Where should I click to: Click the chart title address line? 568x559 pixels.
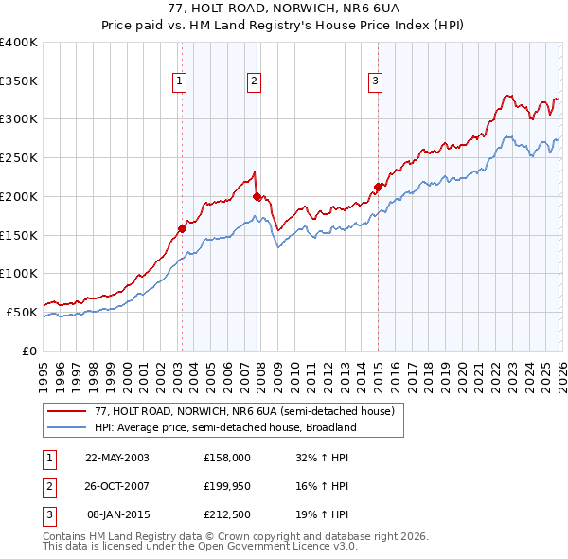click(283, 9)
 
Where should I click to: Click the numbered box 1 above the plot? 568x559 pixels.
click(179, 82)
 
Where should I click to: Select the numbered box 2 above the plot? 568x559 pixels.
click(255, 82)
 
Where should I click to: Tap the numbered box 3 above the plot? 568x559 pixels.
click(376, 82)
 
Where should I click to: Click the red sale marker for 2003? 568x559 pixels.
click(182, 228)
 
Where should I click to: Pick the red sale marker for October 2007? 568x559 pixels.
click(257, 196)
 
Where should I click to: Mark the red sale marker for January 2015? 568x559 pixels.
click(378, 187)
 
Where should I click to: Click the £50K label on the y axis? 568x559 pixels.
click(23, 312)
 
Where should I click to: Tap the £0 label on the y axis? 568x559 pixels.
click(30, 351)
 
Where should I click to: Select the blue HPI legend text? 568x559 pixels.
click(224, 427)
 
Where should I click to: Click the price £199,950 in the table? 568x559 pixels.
click(226, 486)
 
